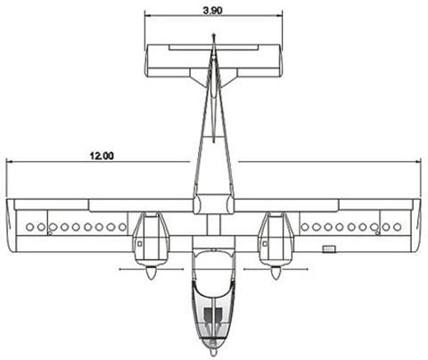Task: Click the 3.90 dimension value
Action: point(212,11)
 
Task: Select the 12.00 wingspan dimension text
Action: point(102,156)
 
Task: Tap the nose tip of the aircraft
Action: point(213,355)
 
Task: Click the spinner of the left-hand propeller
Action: point(151,273)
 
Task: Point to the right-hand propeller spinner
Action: point(276,273)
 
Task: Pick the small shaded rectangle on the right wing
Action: point(329,249)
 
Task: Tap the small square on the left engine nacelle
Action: point(139,244)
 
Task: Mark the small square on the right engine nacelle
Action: point(265,244)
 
